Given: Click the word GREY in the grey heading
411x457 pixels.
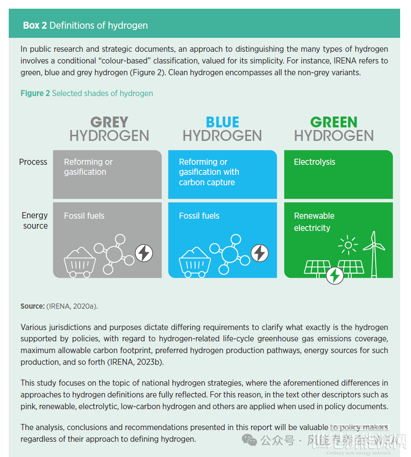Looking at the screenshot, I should click(x=109, y=122).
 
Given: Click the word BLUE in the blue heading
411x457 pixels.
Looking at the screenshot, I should click(x=222, y=122).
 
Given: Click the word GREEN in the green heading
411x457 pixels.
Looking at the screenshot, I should click(x=334, y=122).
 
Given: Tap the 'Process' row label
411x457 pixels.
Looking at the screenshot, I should click(x=33, y=162).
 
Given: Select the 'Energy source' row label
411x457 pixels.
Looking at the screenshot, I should click(x=35, y=220).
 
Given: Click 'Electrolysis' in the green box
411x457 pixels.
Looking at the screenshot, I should click(x=314, y=162).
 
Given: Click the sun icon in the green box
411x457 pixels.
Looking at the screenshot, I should click(x=348, y=245).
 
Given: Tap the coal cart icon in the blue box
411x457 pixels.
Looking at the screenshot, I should click(x=194, y=261).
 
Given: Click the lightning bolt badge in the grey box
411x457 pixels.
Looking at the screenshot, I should click(x=144, y=253).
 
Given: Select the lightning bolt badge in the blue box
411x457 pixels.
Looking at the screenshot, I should click(x=260, y=253).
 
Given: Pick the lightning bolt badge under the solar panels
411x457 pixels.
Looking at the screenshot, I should click(x=335, y=275).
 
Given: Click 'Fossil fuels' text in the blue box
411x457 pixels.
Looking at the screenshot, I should click(x=199, y=216).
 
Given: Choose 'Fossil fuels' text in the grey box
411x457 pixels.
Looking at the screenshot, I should click(x=84, y=216).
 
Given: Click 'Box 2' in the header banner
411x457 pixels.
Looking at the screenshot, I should click(x=35, y=26).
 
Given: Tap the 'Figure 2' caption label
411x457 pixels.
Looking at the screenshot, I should click(x=35, y=93).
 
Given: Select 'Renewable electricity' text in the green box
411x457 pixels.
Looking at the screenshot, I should click(x=314, y=222).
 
